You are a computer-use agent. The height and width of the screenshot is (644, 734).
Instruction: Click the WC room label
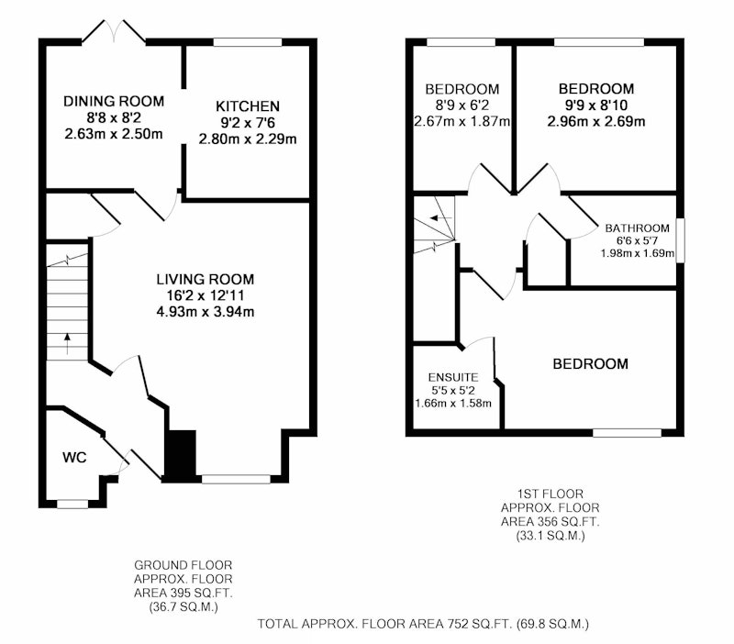[74, 457]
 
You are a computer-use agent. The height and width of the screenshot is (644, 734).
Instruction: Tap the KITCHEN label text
[248, 106]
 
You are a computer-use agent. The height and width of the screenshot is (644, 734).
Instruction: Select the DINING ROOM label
[114, 101]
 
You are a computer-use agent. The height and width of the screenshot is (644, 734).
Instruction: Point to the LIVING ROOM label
[205, 280]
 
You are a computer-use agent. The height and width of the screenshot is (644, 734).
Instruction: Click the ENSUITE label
[453, 377]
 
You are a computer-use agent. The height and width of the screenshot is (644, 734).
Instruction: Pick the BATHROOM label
[637, 228]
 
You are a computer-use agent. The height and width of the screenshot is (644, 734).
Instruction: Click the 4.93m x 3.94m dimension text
[205, 312]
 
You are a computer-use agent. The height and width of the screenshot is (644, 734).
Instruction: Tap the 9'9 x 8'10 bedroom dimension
[596, 105]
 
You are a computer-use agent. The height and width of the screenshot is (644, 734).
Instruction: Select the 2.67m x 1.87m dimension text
[462, 122]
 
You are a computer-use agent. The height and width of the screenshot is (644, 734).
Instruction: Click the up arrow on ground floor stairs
[67, 343]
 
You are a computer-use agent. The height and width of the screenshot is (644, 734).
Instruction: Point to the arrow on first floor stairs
[441, 218]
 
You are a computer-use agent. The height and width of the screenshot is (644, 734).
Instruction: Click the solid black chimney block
[181, 455]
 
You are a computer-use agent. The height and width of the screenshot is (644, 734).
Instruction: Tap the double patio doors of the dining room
[114, 32]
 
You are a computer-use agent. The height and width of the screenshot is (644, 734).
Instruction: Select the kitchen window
[248, 42]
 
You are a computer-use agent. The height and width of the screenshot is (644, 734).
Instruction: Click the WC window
[72, 504]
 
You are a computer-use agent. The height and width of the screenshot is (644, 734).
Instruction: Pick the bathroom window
[680, 240]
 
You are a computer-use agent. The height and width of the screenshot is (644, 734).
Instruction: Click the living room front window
[236, 479]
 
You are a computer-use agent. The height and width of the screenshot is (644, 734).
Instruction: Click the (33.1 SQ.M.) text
[550, 536]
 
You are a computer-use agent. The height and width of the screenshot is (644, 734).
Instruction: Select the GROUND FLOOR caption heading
[183, 565]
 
